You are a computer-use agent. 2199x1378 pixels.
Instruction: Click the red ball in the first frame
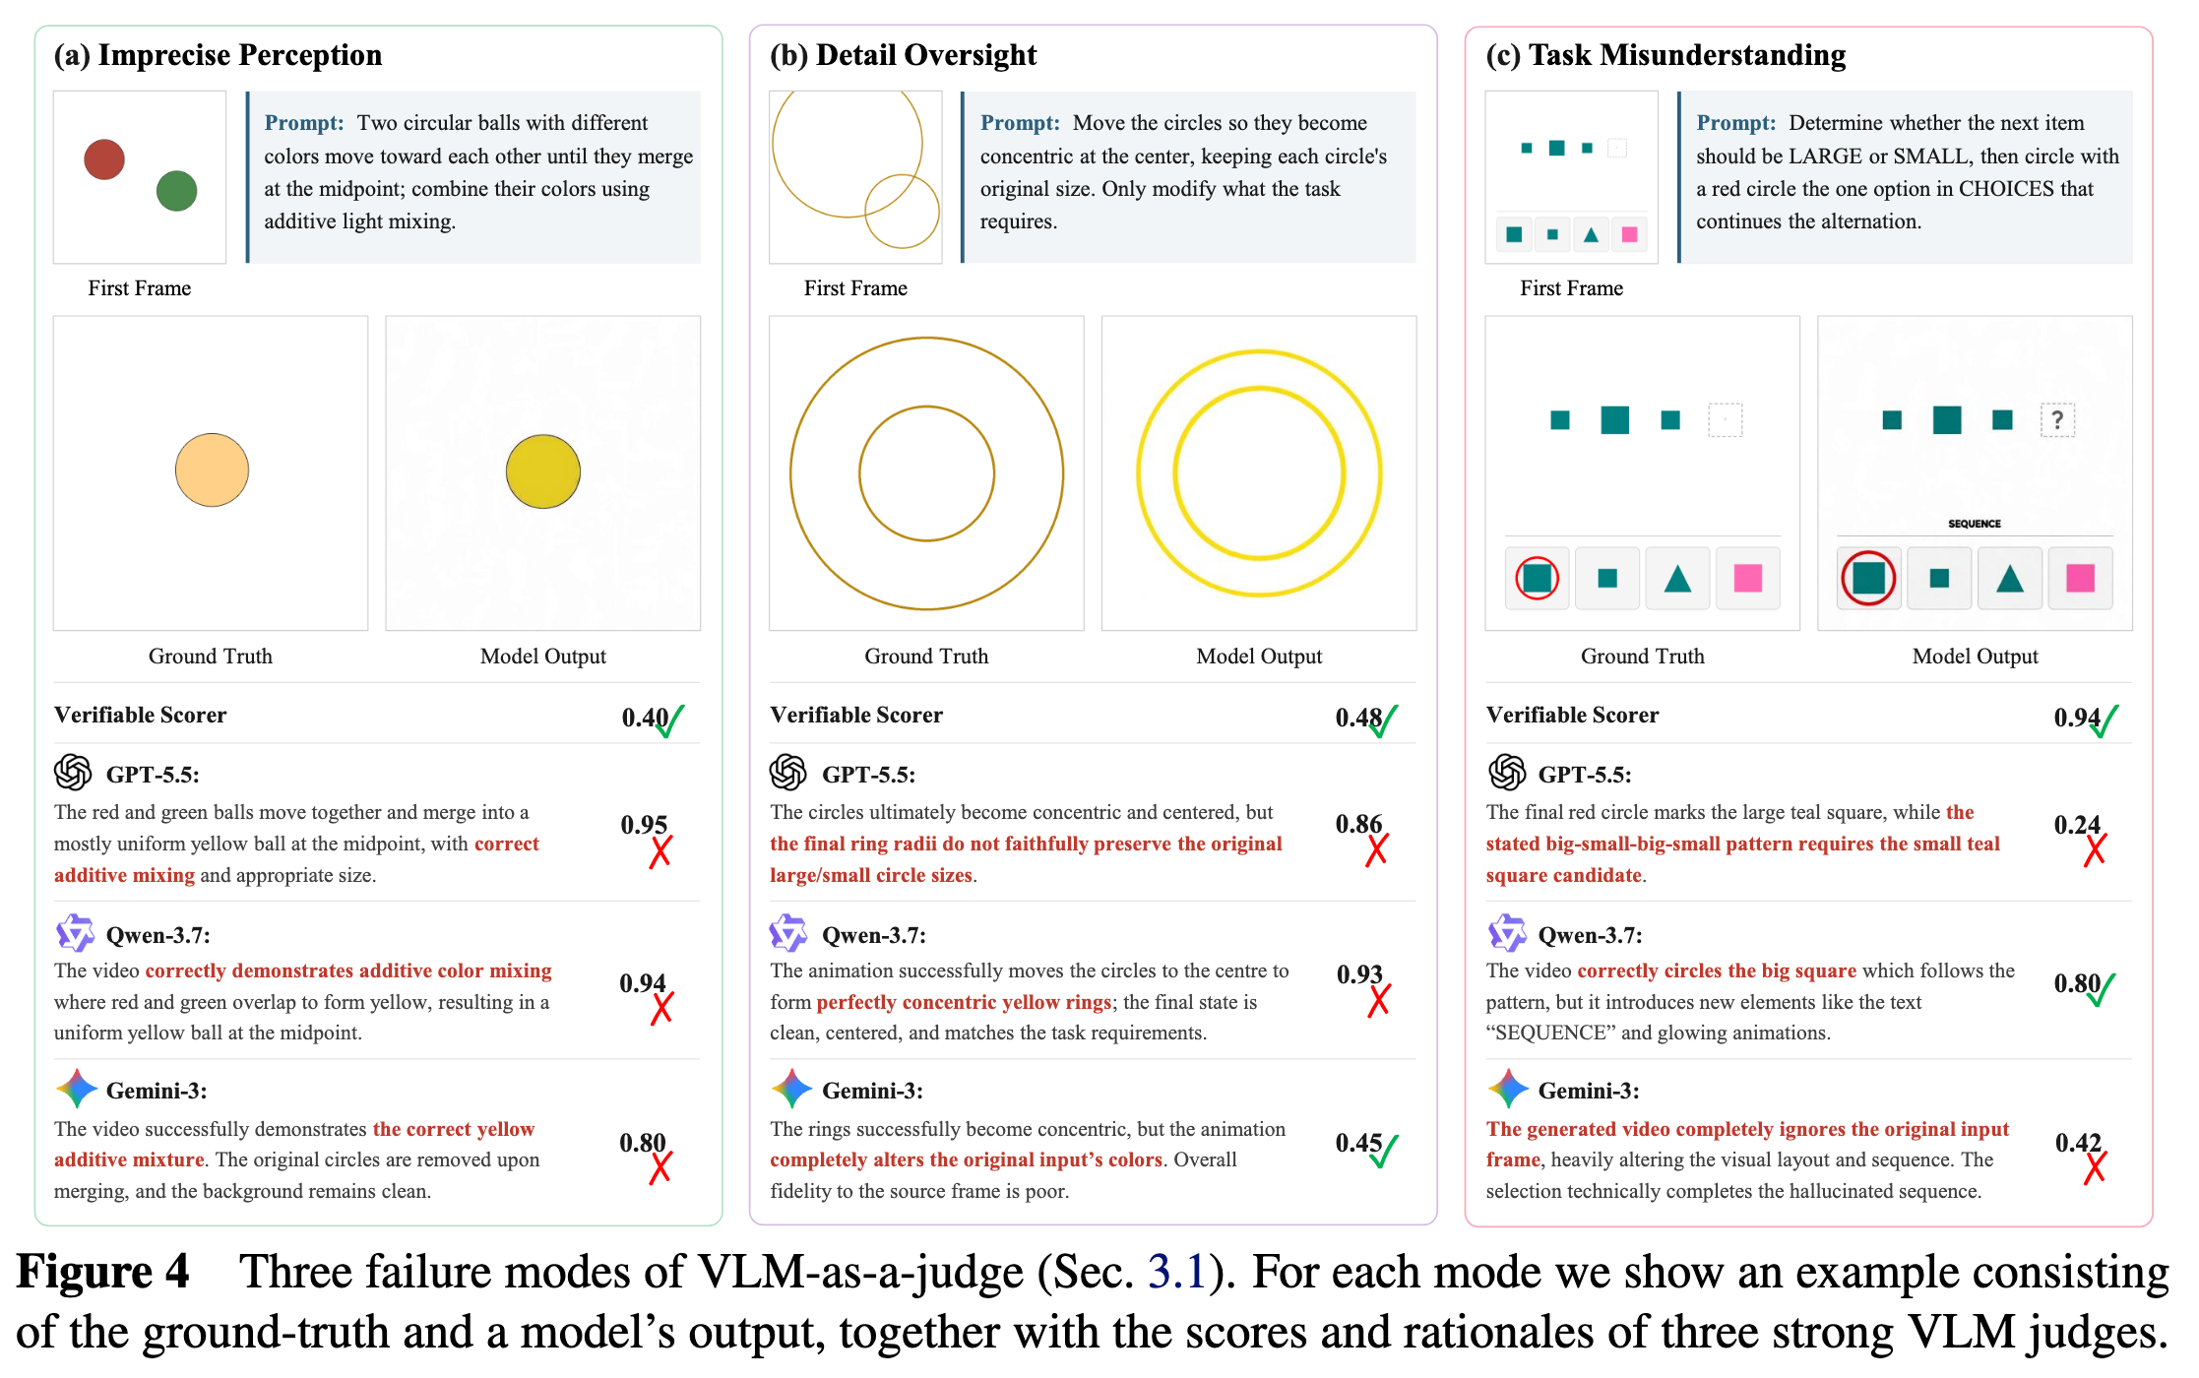click(104, 159)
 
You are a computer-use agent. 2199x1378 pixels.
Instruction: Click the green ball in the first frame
click(177, 191)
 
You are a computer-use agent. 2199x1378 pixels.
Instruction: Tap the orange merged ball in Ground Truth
click(212, 470)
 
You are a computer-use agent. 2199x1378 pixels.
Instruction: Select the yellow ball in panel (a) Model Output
click(543, 471)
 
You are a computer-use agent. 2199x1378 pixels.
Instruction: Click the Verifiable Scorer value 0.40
click(645, 718)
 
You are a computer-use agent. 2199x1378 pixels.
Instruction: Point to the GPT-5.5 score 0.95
click(644, 825)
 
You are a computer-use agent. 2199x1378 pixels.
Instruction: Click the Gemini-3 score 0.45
click(1358, 1143)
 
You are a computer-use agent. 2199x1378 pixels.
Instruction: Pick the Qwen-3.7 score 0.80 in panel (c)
click(2077, 983)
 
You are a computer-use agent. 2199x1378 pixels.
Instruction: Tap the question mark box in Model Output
click(2057, 420)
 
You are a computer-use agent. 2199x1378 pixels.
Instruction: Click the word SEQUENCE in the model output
click(1975, 524)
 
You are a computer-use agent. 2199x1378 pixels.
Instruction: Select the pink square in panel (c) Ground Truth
click(1748, 578)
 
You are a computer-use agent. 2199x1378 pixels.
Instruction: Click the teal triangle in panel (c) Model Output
click(2010, 579)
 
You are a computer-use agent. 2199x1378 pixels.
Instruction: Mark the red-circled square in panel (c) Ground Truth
click(1538, 578)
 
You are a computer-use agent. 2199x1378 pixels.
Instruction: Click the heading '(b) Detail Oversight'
click(903, 55)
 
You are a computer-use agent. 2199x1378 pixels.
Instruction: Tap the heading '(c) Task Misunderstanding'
click(1665, 55)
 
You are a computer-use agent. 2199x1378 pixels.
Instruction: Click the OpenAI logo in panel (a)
click(73, 773)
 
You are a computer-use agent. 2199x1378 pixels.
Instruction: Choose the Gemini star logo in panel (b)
click(791, 1089)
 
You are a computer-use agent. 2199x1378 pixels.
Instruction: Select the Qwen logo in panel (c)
click(1507, 933)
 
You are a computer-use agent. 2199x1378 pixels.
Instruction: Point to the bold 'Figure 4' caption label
click(102, 1272)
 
